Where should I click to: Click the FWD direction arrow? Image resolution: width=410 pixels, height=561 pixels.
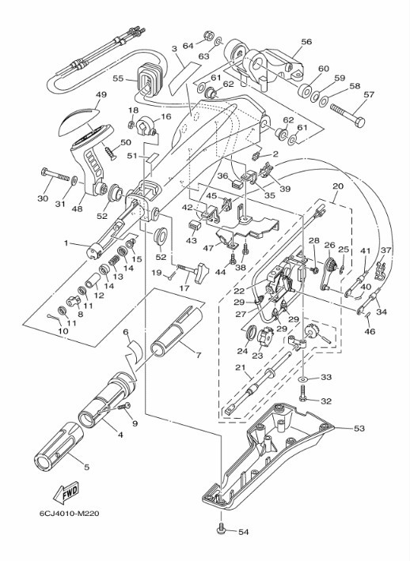pos(65,493)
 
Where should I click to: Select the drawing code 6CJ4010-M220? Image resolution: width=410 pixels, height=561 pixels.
pos(69,514)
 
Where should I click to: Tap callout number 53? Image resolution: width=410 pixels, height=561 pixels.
pos(359,428)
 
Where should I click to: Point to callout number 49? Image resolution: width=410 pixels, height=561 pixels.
pos(101,95)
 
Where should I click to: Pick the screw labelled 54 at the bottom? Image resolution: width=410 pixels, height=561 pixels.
pos(221,529)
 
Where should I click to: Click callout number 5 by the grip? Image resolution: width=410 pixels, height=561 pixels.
pos(86,466)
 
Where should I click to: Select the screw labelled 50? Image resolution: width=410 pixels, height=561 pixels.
pos(110,152)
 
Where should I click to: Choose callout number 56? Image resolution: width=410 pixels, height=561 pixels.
pos(306,42)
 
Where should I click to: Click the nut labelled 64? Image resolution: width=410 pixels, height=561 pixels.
pos(208,36)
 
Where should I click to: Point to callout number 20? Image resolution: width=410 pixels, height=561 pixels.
pos(338,186)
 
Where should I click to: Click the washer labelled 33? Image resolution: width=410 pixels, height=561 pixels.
pos(303,378)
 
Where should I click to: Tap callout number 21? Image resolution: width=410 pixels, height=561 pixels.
pos(240,367)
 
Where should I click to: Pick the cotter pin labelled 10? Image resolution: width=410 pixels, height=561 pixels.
pos(53,318)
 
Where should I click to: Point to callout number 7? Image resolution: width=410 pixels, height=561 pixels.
pos(198,356)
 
